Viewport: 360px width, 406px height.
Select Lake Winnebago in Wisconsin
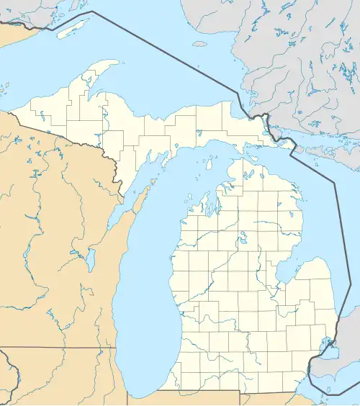(x=91, y=260)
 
